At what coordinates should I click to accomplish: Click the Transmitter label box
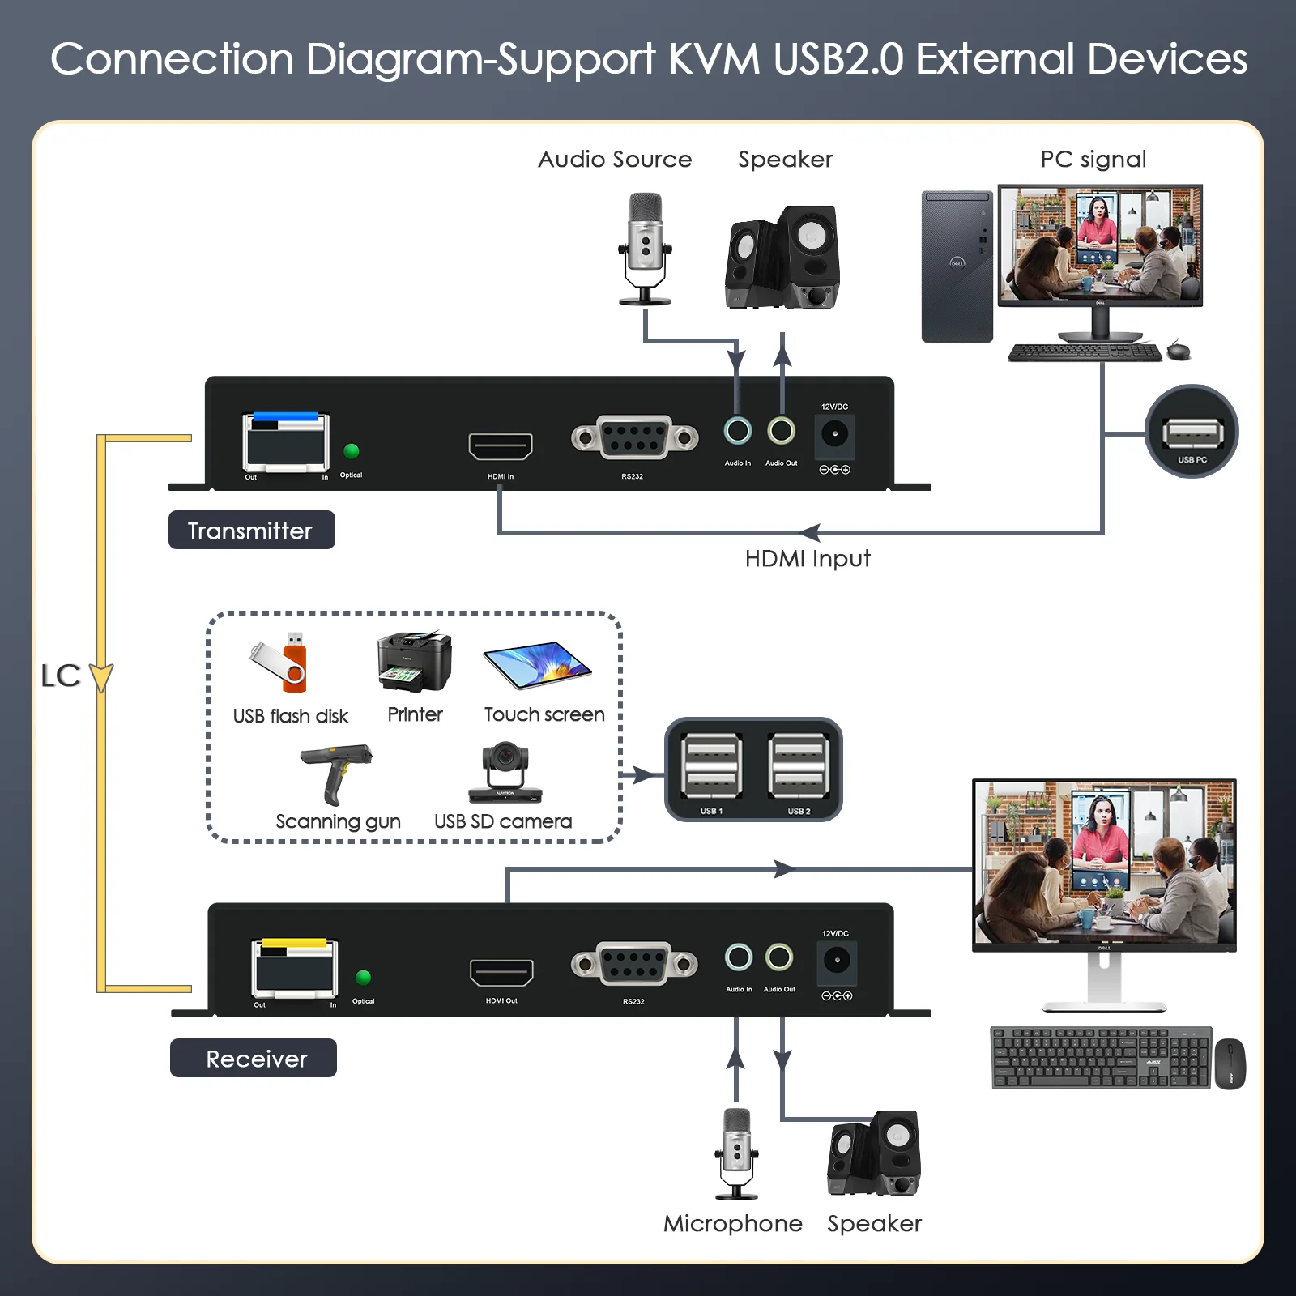tap(252, 530)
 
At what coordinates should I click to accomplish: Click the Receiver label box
tap(254, 1058)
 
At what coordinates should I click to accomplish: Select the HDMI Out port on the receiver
tap(501, 973)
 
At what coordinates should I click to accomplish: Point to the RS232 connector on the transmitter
tap(634, 437)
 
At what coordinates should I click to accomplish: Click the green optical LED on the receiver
tap(364, 978)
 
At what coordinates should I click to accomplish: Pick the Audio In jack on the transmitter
tap(737, 430)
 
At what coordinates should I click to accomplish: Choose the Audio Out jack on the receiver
tap(779, 957)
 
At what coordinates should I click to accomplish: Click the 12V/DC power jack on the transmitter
tap(835, 435)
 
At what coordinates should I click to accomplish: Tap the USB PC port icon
tap(1192, 432)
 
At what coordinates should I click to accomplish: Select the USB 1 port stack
tap(711, 766)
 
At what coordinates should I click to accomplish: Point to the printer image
tap(414, 662)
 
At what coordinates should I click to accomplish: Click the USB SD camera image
tap(505, 773)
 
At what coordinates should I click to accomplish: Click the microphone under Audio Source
tap(645, 249)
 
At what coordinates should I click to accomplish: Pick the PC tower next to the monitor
tap(957, 266)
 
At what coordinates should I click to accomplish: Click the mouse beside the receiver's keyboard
tap(1230, 1064)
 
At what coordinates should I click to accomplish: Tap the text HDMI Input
tap(808, 559)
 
